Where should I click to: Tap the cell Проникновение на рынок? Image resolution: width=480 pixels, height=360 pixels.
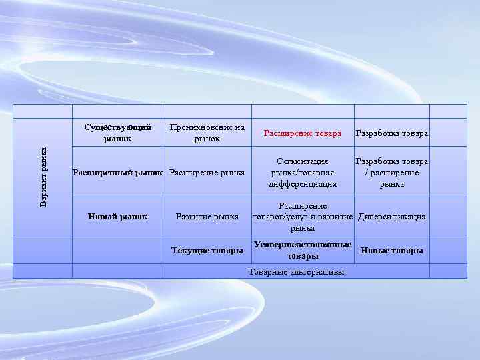click(207, 133)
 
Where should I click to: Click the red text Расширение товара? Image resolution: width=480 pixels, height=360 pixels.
click(303, 133)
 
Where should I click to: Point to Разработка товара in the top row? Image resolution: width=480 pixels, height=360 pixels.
click(392, 133)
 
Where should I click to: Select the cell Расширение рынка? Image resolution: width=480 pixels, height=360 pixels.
click(207, 173)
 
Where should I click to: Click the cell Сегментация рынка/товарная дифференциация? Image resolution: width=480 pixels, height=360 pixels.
click(303, 173)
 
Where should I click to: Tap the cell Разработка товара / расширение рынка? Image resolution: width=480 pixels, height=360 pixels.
click(392, 173)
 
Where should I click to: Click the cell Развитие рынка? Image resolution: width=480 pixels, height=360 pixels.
click(207, 216)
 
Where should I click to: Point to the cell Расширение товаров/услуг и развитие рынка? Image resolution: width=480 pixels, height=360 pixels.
click(303, 217)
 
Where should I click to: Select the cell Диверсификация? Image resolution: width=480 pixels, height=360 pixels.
click(392, 217)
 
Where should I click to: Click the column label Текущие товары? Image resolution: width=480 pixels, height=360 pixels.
click(207, 251)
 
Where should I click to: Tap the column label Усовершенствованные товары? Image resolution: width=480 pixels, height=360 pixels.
click(303, 251)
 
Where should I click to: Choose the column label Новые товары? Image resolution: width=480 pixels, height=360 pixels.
click(392, 251)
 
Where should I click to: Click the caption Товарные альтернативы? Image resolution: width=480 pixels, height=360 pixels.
click(297, 272)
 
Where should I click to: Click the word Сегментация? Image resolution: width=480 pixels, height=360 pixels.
click(303, 162)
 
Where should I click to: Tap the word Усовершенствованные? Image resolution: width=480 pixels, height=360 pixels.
click(303, 245)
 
